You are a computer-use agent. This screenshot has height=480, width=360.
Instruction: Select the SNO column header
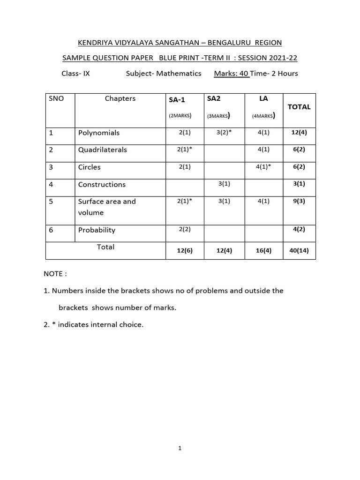pos(56,99)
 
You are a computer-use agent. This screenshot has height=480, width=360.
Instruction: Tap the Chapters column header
pos(120,98)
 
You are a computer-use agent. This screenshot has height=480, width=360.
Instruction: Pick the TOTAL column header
pos(299,107)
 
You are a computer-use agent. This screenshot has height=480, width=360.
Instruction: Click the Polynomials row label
pos(99,133)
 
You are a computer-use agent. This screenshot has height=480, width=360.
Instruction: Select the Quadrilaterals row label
pos(103,150)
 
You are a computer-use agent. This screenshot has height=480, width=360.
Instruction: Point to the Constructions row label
pos(102,185)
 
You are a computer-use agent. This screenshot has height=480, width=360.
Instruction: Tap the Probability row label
pos(97,230)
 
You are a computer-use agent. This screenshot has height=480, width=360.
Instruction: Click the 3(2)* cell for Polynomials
pos(224,133)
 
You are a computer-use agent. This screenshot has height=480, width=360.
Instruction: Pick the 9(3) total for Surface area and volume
pos(299,202)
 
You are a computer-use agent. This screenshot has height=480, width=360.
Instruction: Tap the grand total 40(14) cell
pos(299,250)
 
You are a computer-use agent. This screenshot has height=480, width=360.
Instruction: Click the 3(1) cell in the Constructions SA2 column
pos(224,184)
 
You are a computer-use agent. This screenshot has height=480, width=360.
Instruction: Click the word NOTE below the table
pos(55,274)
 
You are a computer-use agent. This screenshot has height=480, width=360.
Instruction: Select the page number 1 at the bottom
pos(180,448)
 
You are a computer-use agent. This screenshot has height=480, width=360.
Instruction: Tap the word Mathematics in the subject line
pos(179,74)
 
